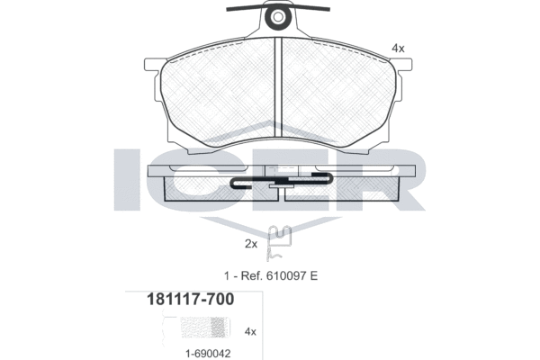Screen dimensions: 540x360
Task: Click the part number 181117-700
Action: (x=191, y=299)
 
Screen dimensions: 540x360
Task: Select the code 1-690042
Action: (x=208, y=354)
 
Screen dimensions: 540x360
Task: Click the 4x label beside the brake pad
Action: (x=398, y=49)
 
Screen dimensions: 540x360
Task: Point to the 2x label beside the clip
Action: (x=251, y=244)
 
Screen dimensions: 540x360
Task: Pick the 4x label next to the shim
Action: (x=250, y=332)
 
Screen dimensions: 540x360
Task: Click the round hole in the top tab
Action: (x=278, y=16)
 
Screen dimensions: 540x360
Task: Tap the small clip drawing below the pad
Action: (x=279, y=243)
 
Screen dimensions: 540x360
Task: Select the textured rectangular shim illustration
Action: (x=205, y=328)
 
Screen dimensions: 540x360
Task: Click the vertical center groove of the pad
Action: (x=278, y=87)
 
